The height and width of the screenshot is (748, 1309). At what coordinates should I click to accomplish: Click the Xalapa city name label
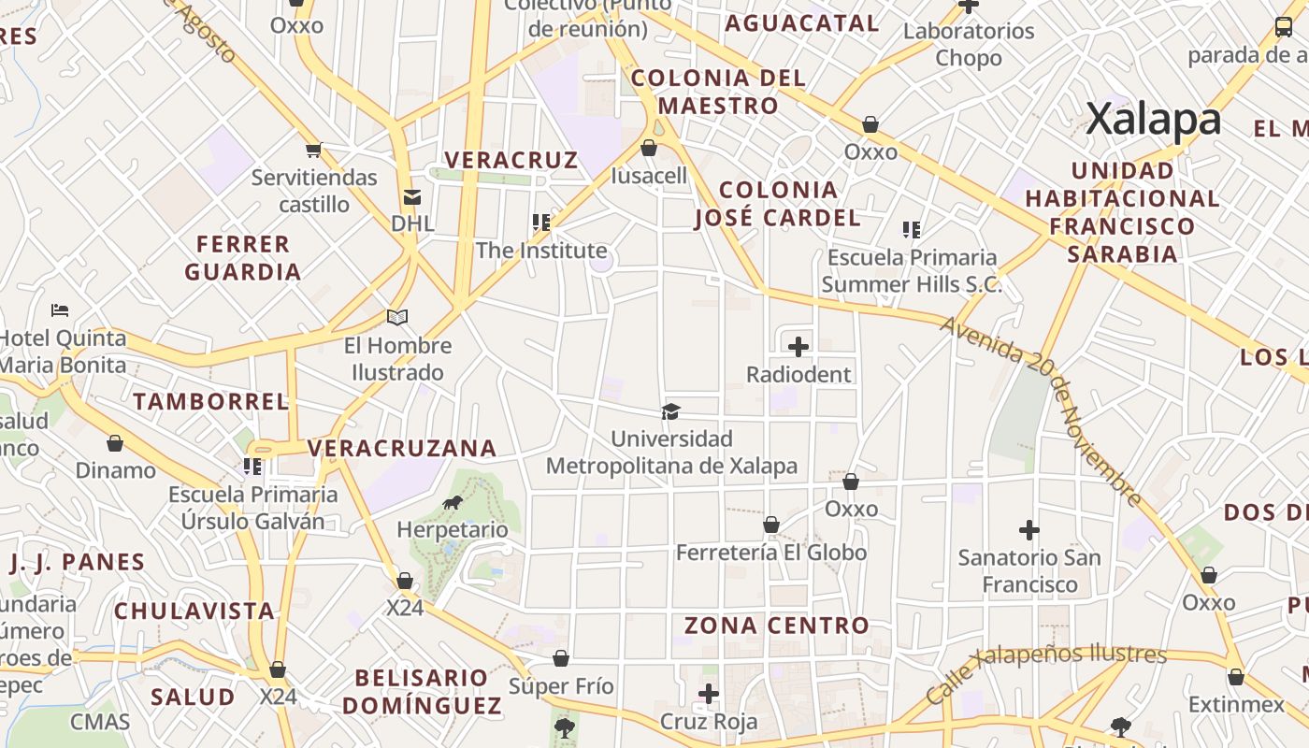coord(1154,120)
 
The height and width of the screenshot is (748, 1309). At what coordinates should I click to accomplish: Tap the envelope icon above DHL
coord(411,197)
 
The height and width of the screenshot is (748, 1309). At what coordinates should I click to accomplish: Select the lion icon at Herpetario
coord(453,503)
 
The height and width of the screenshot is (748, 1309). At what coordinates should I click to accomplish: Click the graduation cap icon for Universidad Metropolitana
coord(670,411)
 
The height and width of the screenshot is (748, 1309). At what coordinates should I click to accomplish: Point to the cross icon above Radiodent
coord(798,348)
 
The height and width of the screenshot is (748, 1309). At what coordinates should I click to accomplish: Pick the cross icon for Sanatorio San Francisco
coord(1028,530)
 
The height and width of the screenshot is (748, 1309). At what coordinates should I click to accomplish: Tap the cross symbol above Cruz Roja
coord(709,694)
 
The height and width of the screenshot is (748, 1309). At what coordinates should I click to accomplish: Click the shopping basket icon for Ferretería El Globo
coord(771,525)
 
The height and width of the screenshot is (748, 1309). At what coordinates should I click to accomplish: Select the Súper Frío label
coord(561,686)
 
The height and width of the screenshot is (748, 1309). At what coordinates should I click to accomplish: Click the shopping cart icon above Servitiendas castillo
coord(314,151)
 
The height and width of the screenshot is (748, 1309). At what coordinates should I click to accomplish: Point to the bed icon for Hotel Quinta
coord(60,310)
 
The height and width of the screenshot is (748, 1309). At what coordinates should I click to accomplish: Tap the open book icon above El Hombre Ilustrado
coord(397,318)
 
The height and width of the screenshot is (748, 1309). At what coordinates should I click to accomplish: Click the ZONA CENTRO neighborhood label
coord(777,626)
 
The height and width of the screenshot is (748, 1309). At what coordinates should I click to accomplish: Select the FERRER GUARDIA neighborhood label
coord(243,258)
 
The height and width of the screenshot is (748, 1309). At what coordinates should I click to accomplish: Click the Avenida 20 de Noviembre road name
coord(1042,411)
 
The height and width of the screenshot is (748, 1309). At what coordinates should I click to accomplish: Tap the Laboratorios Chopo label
coord(969,44)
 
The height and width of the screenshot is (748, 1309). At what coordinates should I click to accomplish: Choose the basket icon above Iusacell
coord(649,149)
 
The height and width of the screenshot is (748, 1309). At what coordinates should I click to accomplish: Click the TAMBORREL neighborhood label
coord(211,402)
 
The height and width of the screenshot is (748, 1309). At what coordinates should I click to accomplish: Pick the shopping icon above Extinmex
coord(1236,677)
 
